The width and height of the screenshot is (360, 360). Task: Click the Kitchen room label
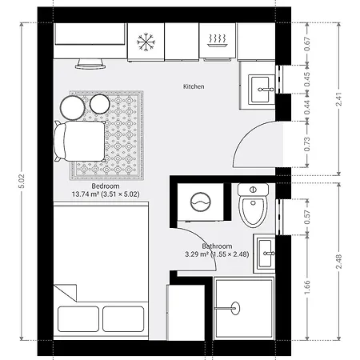coord(194,86)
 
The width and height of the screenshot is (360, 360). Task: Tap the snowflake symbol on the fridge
coord(146,42)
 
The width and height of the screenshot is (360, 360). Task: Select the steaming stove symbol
coord(217,41)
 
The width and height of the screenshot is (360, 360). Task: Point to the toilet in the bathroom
coord(253,205)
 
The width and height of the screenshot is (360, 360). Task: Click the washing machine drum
coord(201,202)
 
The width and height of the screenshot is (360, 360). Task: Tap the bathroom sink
coord(266,254)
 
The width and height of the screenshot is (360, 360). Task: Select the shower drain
coord(235,308)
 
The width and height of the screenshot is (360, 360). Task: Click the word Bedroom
coord(106,186)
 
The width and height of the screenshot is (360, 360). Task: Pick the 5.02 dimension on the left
coord(22,182)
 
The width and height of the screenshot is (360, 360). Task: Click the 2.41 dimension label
coord(339,99)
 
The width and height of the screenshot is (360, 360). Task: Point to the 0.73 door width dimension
coord(307,144)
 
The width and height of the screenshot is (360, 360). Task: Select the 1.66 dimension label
coord(307,287)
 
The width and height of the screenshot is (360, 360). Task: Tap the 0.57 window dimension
coord(307,217)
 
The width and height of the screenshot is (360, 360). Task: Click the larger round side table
coord(72,108)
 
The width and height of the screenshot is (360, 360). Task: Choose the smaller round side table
coord(100,104)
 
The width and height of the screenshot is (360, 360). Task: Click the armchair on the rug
coord(80,142)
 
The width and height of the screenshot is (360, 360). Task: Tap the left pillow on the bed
coord(78,319)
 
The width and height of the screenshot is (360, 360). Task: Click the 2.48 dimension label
coord(339,262)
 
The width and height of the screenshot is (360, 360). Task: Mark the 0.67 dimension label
coord(307,44)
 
